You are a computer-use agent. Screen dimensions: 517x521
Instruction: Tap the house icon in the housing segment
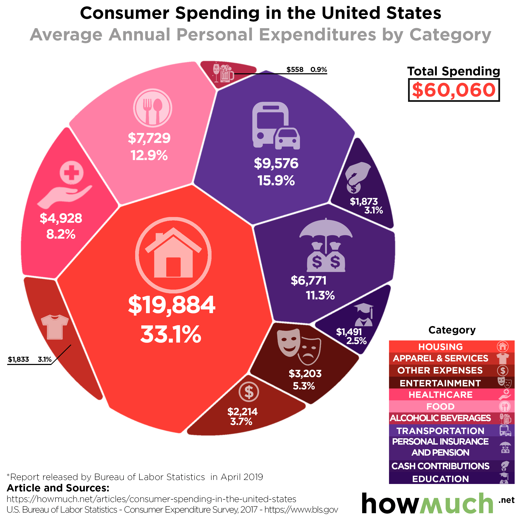pyautogui.click(x=173, y=255)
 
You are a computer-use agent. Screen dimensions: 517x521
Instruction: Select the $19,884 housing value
pyautogui.click(x=172, y=305)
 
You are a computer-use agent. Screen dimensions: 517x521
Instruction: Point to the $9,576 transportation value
pyautogui.click(x=276, y=163)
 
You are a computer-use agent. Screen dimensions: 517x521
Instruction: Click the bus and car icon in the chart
pyautogui.click(x=276, y=126)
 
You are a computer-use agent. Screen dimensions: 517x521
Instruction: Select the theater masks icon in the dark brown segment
pyautogui.click(x=299, y=347)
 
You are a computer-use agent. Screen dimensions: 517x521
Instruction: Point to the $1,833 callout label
pyautogui.click(x=18, y=359)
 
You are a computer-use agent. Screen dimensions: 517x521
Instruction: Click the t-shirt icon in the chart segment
pyautogui.click(x=55, y=326)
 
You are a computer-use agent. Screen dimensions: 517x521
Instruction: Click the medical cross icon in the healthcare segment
pyautogui.click(x=71, y=172)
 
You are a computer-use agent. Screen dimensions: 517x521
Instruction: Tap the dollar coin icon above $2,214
pyautogui.click(x=249, y=392)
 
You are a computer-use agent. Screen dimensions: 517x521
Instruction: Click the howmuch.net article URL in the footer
pyautogui.click(x=151, y=499)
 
